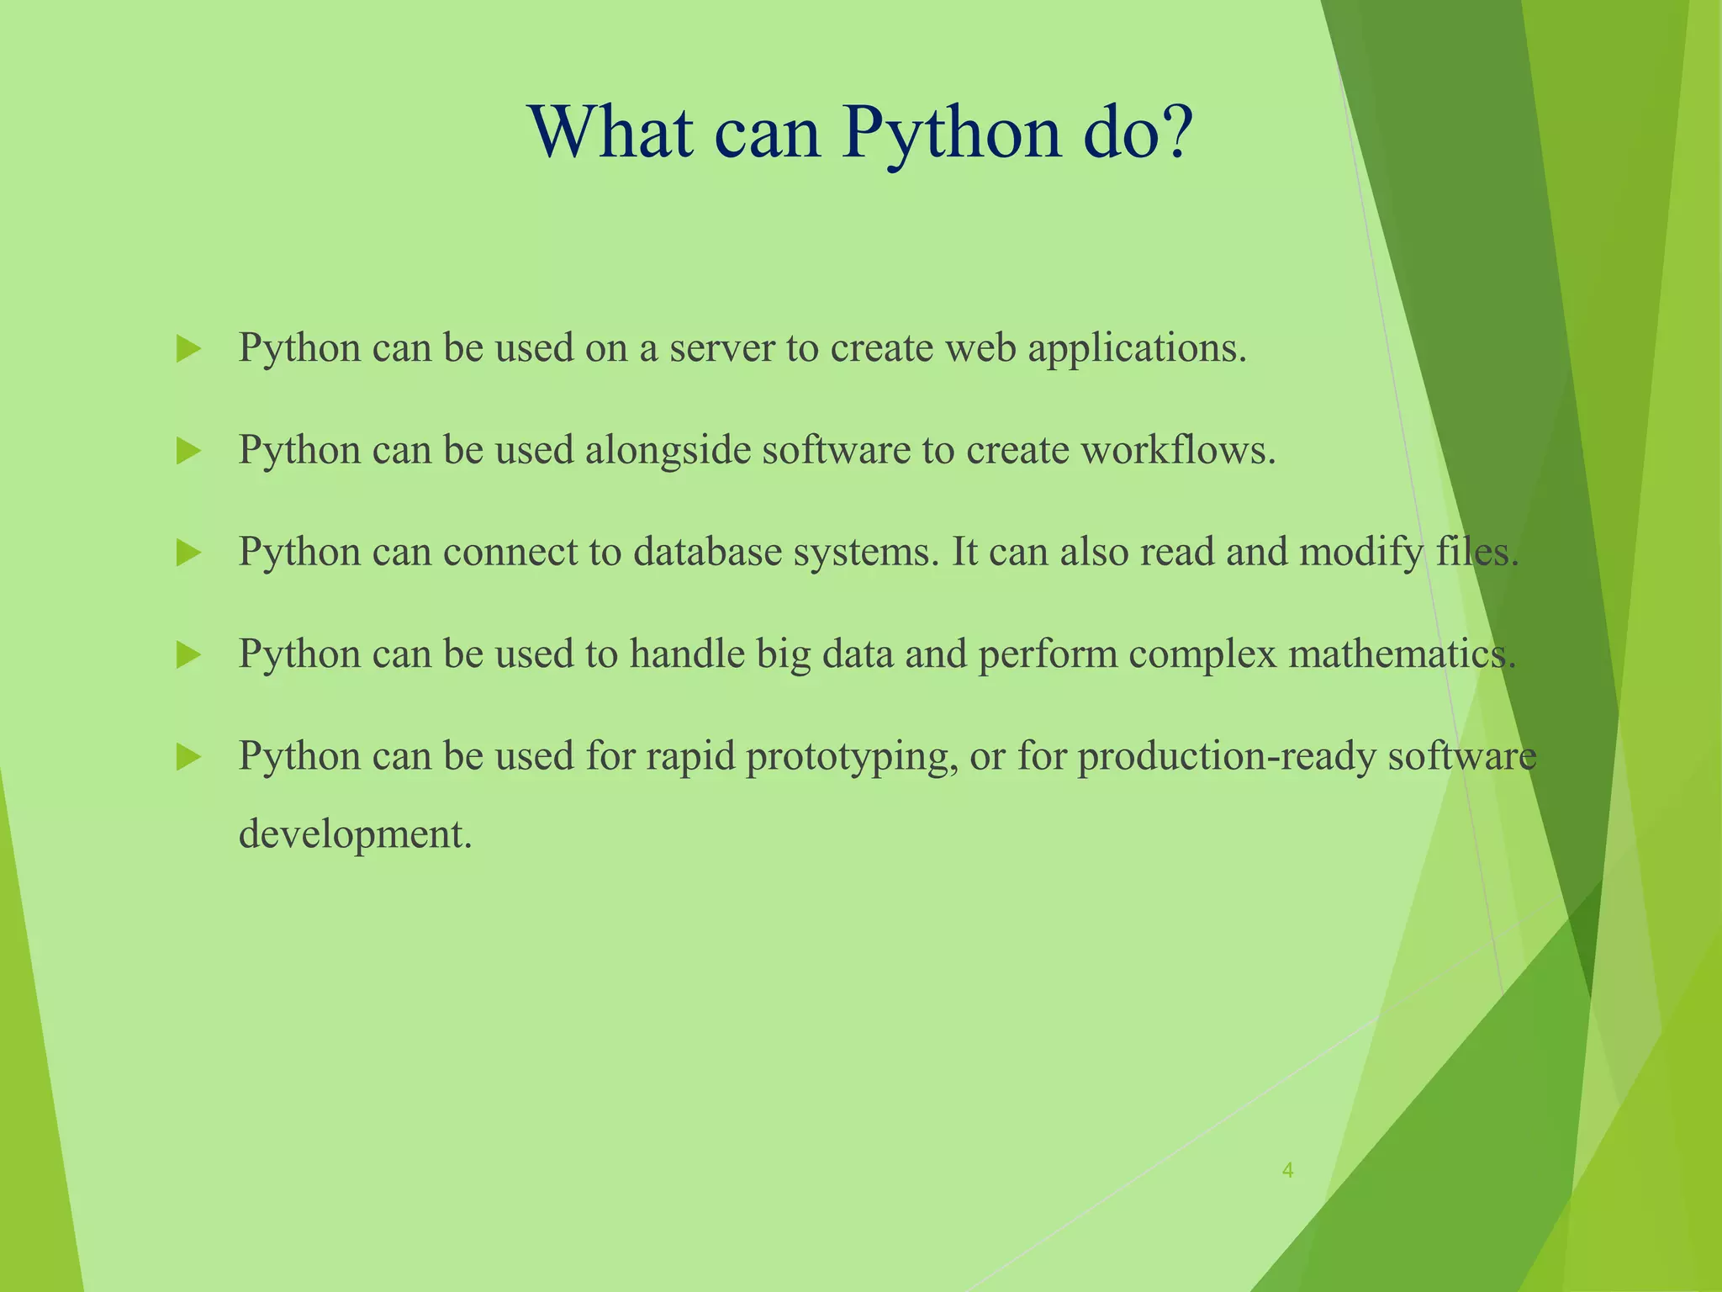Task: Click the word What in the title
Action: pos(612,133)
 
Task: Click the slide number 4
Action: pos(1287,1170)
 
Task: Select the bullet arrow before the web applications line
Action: pos(188,349)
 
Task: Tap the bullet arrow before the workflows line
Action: pos(188,452)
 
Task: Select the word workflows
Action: pos(1177,451)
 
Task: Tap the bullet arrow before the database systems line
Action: pos(188,553)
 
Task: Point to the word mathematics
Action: pos(1402,654)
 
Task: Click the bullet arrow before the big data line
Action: pos(188,655)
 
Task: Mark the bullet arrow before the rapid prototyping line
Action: pos(188,757)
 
